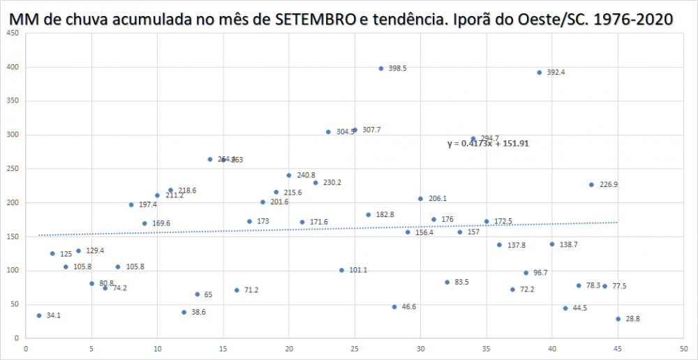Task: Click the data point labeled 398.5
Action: click(x=381, y=68)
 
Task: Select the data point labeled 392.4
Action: click(x=540, y=73)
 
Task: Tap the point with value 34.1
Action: click(x=39, y=315)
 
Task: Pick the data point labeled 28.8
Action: click(x=618, y=319)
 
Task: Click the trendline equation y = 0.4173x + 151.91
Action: click(x=493, y=144)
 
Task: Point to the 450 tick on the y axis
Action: click(x=13, y=33)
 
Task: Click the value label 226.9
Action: click(x=609, y=185)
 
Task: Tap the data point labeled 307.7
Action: click(x=355, y=130)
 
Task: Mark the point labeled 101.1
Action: click(x=342, y=270)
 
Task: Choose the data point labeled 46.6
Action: click(x=394, y=307)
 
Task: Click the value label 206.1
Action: click(x=437, y=199)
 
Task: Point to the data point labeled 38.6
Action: click(x=184, y=313)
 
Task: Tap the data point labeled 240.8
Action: click(x=289, y=175)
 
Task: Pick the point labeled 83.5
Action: click(x=447, y=282)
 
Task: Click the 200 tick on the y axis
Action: click(x=13, y=202)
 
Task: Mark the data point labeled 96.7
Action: click(x=526, y=273)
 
